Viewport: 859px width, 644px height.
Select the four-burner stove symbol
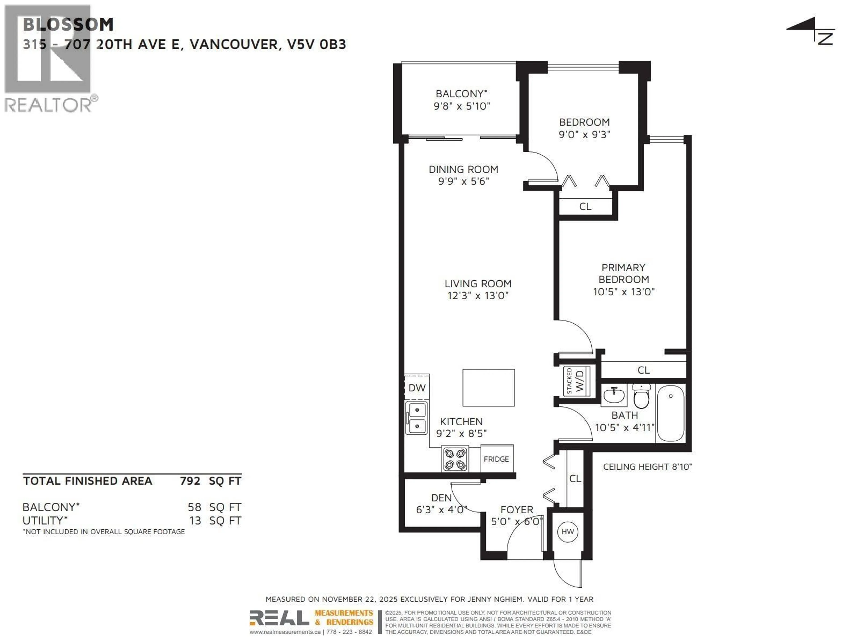[455, 459]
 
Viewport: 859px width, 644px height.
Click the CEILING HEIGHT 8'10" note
[647, 467]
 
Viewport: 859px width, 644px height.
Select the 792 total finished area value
[190, 481]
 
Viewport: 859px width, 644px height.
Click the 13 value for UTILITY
[195, 521]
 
